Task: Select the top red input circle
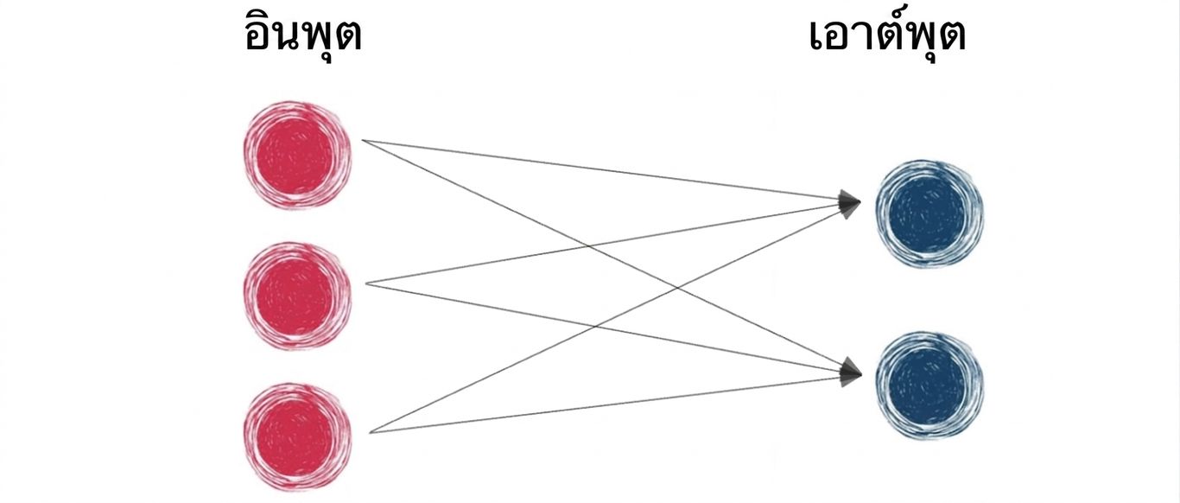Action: point(297,156)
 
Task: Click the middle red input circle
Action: point(297,296)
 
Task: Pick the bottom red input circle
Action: point(297,437)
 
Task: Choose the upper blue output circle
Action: point(929,213)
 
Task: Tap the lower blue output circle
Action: point(929,385)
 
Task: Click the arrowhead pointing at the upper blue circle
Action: point(849,203)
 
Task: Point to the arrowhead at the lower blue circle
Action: point(850,372)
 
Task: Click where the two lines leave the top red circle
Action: point(363,140)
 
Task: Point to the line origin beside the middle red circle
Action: point(366,283)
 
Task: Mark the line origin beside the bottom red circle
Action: point(370,432)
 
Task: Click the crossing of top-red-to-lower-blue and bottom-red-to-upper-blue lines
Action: point(678,288)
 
